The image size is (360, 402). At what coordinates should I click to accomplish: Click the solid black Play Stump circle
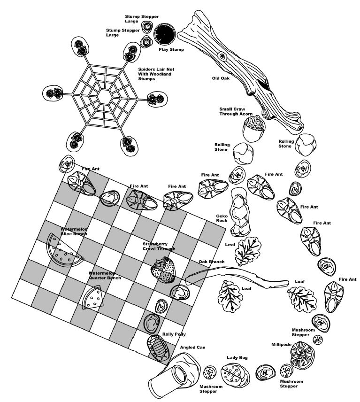[164, 34]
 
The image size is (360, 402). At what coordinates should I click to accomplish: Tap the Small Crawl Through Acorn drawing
[254, 128]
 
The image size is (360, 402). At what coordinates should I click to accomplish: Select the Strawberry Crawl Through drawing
[163, 270]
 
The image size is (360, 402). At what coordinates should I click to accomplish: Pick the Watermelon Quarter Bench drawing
[93, 297]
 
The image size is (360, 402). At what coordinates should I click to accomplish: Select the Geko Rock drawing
[240, 211]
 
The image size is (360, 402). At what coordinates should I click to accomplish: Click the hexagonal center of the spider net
[105, 96]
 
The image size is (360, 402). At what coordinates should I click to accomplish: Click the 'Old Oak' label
[221, 78]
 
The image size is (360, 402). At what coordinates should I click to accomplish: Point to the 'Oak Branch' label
[211, 262]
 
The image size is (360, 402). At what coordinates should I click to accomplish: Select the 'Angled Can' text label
[192, 348]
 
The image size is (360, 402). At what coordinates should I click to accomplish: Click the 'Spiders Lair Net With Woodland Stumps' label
[156, 74]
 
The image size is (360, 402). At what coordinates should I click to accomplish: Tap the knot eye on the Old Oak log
[222, 55]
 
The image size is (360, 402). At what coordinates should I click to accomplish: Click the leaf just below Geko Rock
[248, 251]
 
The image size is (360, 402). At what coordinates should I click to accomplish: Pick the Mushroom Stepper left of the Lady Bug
[210, 372]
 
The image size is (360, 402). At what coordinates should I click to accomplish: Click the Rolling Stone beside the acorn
[244, 153]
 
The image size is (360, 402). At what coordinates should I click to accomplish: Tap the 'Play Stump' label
[171, 49]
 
